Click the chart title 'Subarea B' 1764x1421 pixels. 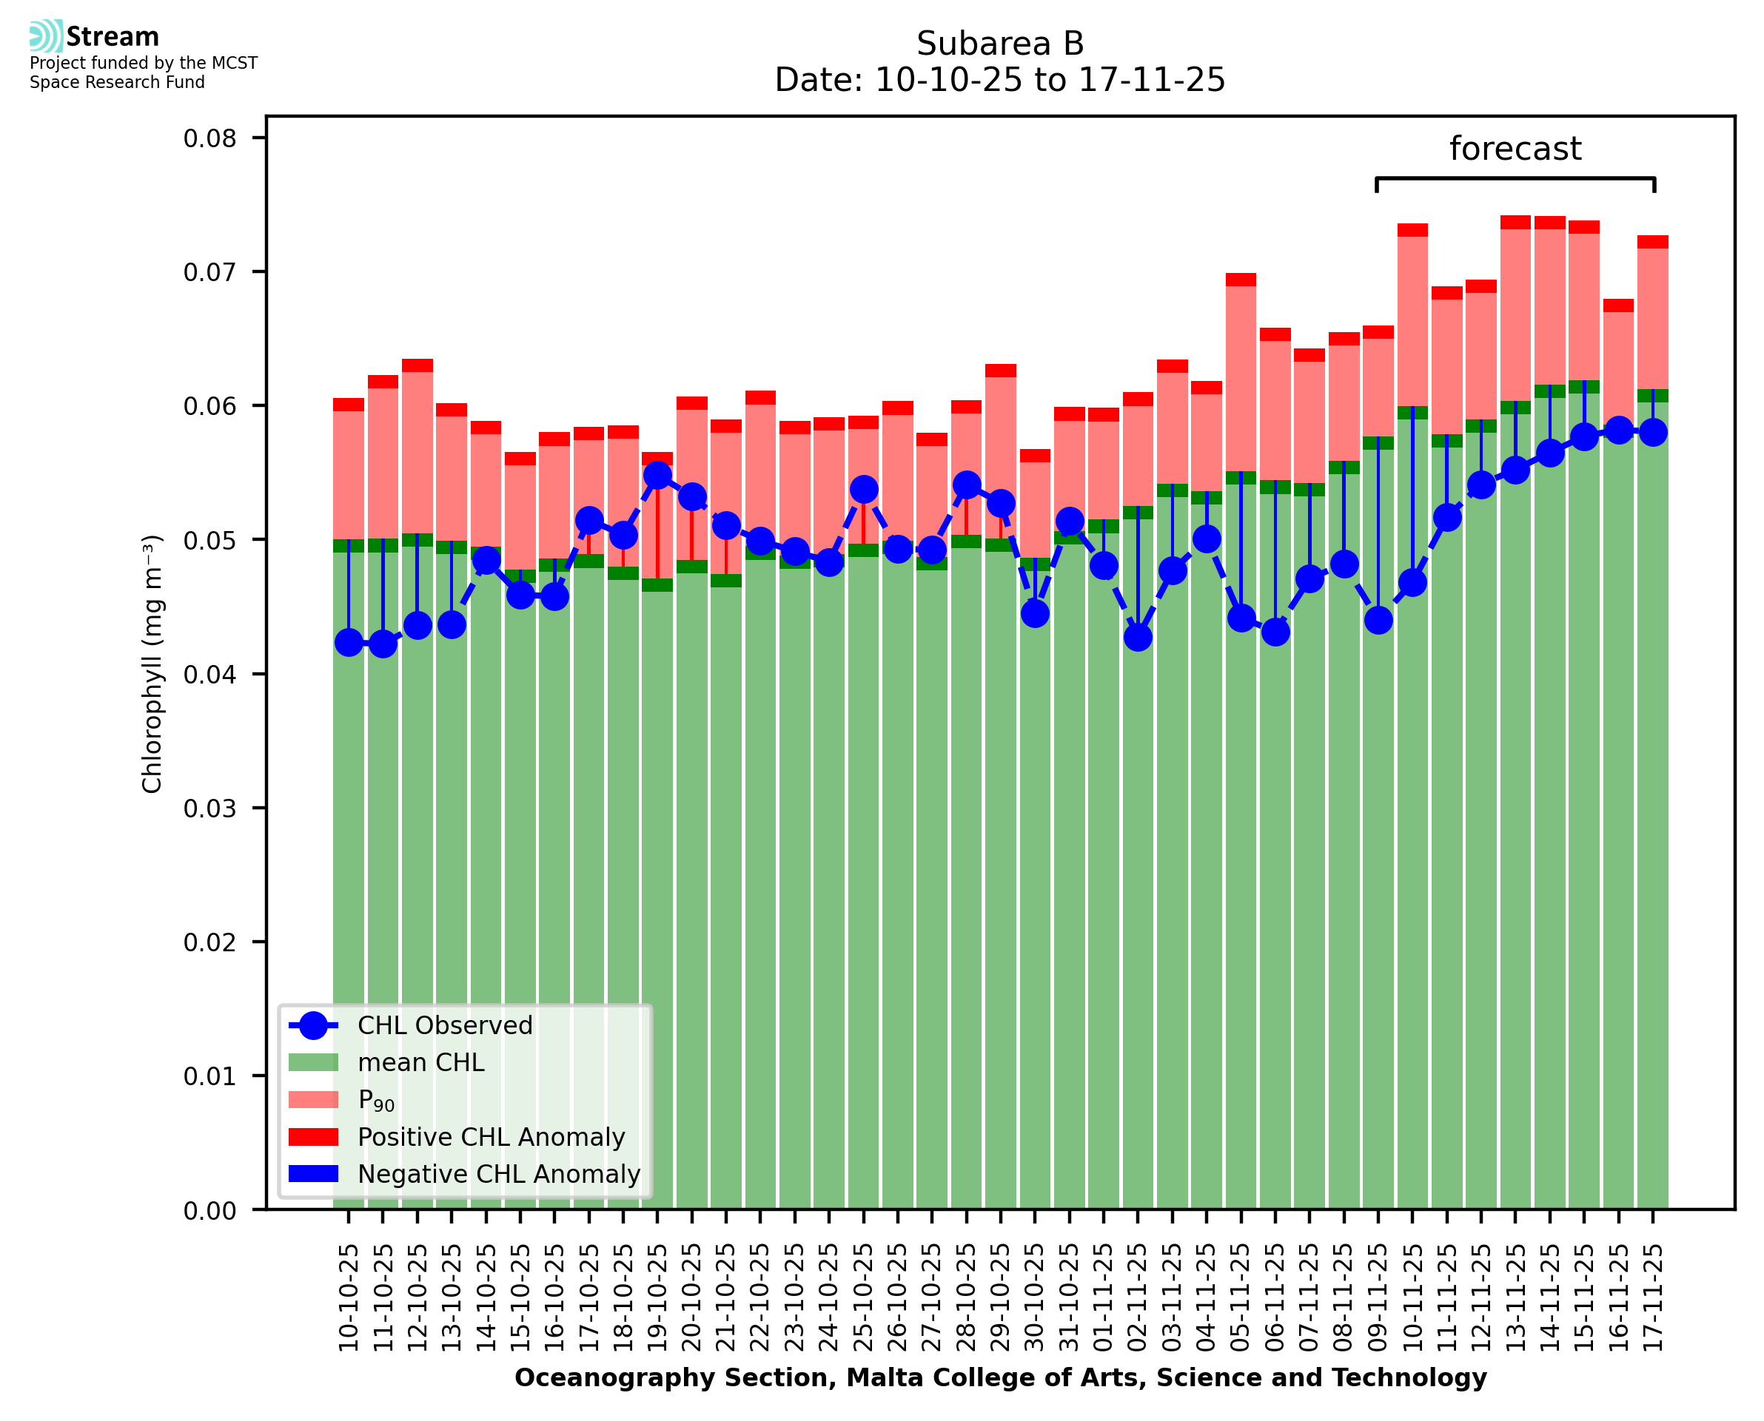(x=999, y=44)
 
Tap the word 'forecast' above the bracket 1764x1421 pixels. (x=1515, y=149)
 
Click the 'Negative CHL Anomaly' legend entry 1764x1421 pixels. (x=498, y=1174)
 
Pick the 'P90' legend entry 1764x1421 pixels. (x=376, y=1100)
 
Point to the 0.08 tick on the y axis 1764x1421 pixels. (x=209, y=138)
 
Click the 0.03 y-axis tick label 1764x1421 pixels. (x=209, y=808)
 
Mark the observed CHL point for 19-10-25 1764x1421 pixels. (x=657, y=476)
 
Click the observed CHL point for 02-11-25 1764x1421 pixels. (x=1138, y=637)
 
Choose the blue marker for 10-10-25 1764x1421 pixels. (x=349, y=643)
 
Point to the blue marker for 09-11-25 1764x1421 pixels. (x=1378, y=621)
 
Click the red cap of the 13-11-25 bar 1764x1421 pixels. (x=1515, y=223)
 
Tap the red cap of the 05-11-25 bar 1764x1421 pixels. (x=1241, y=280)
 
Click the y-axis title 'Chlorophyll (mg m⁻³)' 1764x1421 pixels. (x=152, y=664)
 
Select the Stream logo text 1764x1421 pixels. (x=113, y=37)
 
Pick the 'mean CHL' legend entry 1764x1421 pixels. (x=420, y=1062)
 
